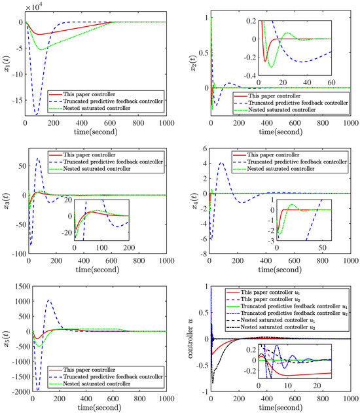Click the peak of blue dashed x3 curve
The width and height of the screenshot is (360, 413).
(38, 159)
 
